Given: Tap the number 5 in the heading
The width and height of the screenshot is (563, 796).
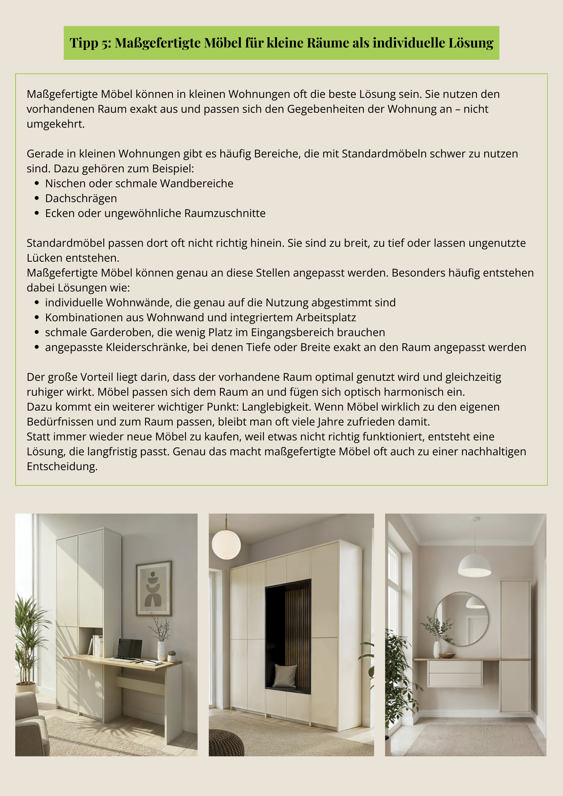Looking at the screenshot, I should pyautogui.click(x=107, y=43).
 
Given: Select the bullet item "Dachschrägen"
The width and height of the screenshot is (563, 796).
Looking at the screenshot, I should pyautogui.click(x=81, y=198).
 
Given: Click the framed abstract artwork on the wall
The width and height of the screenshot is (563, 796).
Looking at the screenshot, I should pyautogui.click(x=154, y=589).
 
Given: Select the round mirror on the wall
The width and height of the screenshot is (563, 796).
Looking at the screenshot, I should pyautogui.click(x=461, y=619).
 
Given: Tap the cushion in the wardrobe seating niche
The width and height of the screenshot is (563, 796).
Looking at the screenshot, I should pyautogui.click(x=285, y=676).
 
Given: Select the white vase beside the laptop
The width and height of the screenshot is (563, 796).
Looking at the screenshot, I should pyautogui.click(x=161, y=651).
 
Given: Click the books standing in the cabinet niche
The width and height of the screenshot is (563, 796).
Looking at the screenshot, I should pyautogui.click(x=96, y=645).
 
